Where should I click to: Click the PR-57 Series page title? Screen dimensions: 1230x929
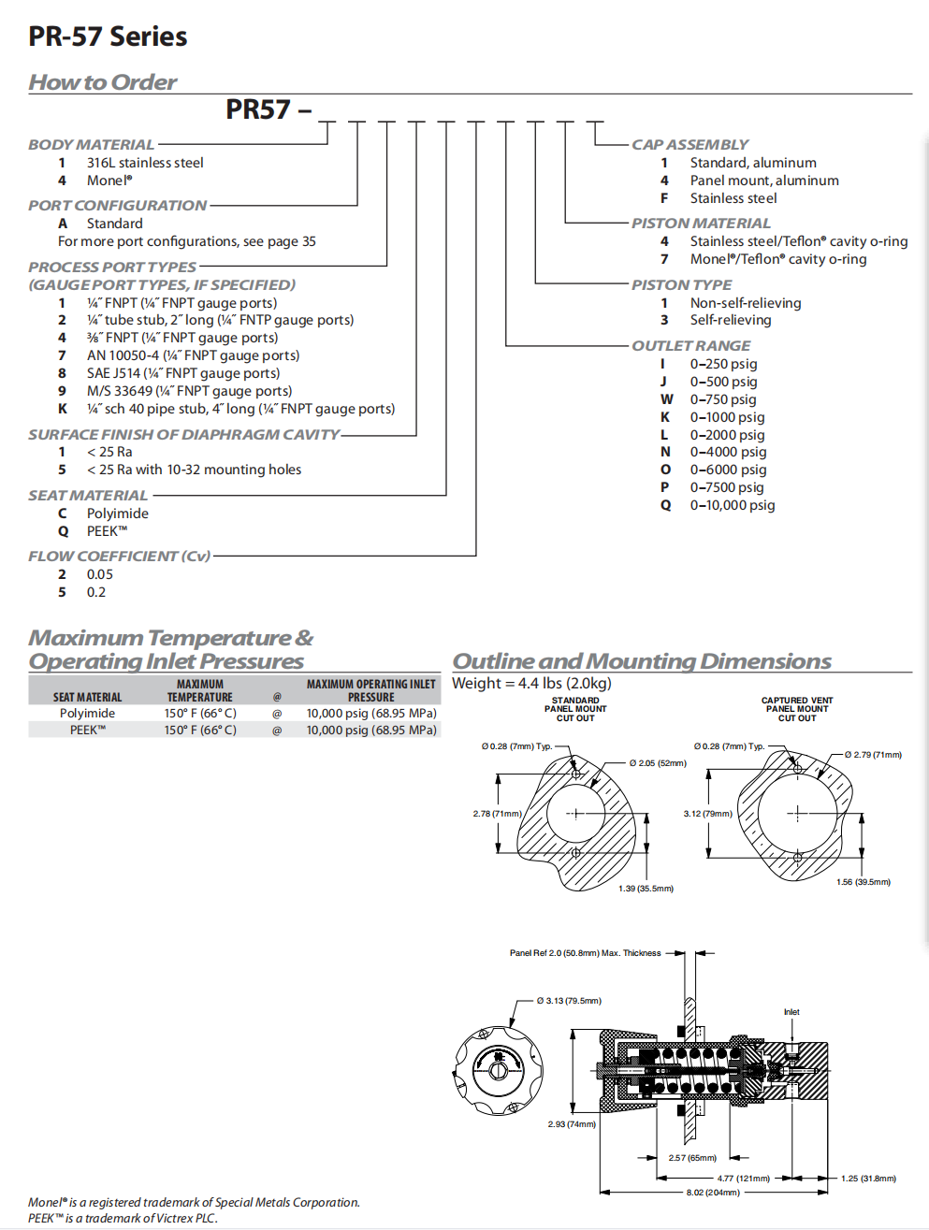point(108,36)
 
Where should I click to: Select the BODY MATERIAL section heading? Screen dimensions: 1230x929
point(91,145)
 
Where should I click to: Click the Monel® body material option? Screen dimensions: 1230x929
point(109,181)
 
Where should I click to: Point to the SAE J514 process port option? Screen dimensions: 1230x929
point(183,373)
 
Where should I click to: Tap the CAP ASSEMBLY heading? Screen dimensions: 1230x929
point(689,145)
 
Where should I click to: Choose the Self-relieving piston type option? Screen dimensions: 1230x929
point(731,320)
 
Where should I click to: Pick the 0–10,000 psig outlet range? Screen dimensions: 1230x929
point(733,505)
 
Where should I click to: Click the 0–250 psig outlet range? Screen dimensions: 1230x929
point(723,364)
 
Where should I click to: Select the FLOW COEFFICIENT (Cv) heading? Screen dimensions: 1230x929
point(119,557)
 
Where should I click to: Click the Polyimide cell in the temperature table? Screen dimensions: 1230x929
point(87,713)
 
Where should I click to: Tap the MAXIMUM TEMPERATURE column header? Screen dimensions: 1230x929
point(200,690)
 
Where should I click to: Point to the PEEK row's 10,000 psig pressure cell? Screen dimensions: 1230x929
point(371,730)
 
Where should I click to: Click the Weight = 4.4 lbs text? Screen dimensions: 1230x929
point(531,684)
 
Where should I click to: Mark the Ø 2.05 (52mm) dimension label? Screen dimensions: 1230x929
point(658,763)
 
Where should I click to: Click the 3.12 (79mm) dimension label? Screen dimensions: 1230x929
point(707,814)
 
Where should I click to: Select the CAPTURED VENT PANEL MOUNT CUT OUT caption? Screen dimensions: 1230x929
point(797,709)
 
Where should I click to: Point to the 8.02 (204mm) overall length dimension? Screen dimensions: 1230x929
point(713,1193)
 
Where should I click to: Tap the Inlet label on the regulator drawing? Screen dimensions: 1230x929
point(791,1012)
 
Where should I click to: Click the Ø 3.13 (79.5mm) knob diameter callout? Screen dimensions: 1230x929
point(569,1001)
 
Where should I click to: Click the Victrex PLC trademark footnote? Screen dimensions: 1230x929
point(123,1218)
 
